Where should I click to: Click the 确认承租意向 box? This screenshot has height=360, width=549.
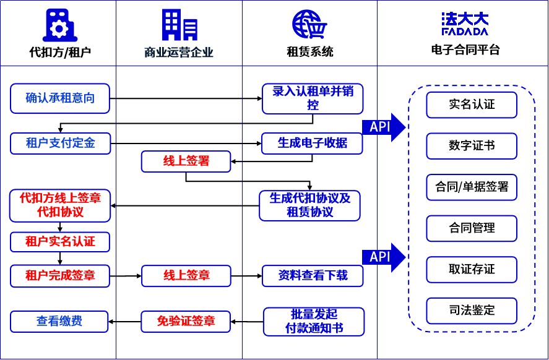coord(60,98)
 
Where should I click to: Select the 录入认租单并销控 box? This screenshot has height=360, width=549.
coord(312,98)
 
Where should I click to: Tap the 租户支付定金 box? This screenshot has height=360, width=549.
coord(60,144)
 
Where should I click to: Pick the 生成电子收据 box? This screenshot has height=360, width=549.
coord(312,144)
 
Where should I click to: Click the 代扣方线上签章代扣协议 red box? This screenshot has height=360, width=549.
coord(60,205)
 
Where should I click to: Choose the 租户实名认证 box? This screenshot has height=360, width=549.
coord(60,241)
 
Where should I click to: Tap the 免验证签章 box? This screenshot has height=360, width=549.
coord(186,321)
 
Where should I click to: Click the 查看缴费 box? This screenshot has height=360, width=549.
coord(59,322)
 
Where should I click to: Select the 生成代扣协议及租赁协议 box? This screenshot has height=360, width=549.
coord(309,205)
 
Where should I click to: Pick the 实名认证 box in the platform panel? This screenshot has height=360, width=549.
coord(472,105)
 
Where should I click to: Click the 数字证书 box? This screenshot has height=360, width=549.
coord(472,146)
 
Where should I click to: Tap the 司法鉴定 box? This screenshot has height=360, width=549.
coord(472,310)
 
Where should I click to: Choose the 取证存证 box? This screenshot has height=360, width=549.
coord(472,269)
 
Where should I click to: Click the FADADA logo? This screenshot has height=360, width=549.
coord(465,24)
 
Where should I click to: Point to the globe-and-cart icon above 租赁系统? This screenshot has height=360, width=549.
coord(309,25)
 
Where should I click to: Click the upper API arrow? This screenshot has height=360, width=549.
coord(383,127)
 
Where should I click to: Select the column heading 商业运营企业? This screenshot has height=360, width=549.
coord(179,53)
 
